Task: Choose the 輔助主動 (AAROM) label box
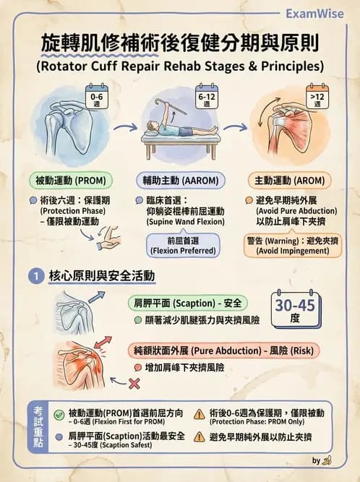(x=180, y=180)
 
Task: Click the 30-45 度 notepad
(x=294, y=310)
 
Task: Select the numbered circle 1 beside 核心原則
(x=34, y=276)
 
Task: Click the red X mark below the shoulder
(x=134, y=383)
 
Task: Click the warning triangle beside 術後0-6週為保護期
(x=198, y=414)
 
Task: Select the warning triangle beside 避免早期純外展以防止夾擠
(x=198, y=436)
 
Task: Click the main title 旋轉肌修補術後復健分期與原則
(x=180, y=43)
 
